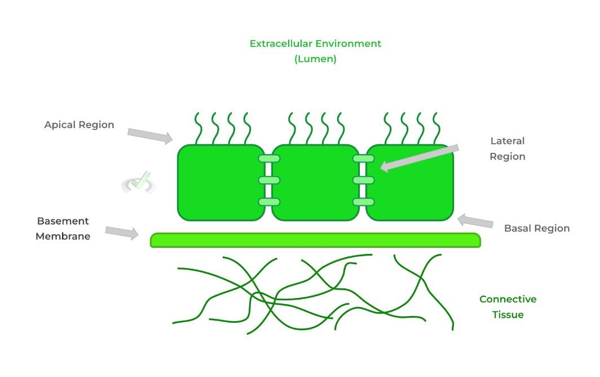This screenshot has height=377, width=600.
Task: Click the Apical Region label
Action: [x=79, y=125]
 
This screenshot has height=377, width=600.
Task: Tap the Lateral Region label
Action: [x=508, y=148]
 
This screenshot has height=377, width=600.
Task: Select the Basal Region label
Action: [x=536, y=229]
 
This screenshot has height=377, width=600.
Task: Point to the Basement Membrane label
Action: [x=63, y=229]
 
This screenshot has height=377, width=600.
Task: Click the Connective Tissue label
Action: [x=508, y=307]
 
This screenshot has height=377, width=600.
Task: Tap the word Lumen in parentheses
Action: [x=315, y=59]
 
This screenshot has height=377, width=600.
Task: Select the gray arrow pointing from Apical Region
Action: [x=149, y=135]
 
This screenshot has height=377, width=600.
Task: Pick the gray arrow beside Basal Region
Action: [x=476, y=221]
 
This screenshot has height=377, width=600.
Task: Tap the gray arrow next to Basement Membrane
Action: [x=122, y=231]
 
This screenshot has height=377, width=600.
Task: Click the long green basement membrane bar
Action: [x=315, y=240]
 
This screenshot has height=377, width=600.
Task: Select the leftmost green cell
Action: [x=220, y=182]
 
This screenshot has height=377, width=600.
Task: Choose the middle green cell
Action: [x=315, y=182]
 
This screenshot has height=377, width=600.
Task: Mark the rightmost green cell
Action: [x=411, y=182]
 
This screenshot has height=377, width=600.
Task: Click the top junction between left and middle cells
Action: [x=269, y=159]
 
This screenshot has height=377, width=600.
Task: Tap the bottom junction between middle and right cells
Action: [x=364, y=201]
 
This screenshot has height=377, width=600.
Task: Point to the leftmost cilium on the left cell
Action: [x=199, y=128]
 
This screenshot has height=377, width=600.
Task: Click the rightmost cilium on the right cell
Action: [x=435, y=128]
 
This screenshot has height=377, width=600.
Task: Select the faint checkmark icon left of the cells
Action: [x=139, y=182]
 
